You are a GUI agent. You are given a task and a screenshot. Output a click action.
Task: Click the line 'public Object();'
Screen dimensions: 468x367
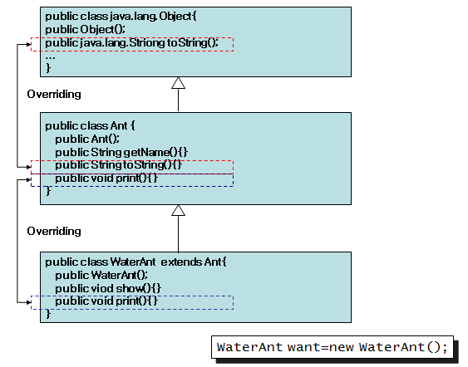86,30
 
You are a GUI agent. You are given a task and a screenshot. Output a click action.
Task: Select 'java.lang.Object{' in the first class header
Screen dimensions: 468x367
153,17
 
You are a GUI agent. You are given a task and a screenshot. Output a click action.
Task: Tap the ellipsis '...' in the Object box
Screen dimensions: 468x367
50,57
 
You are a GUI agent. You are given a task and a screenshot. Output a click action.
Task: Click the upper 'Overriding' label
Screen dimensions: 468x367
54,94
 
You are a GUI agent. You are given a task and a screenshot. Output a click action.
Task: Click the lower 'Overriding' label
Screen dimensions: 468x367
54,231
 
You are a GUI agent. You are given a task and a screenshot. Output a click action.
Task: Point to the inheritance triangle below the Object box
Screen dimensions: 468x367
178,83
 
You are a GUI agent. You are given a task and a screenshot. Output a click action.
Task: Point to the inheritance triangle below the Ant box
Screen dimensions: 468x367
178,210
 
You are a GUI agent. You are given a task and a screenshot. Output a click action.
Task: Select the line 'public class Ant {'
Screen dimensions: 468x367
90,126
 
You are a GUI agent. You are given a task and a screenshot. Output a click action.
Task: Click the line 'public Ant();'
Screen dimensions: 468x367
87,139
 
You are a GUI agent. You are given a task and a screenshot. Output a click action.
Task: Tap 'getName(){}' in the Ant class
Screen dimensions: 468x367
155,152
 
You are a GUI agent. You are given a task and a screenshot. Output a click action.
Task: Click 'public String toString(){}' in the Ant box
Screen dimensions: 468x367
118,165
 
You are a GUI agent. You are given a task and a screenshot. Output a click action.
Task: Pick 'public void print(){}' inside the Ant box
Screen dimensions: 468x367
106,179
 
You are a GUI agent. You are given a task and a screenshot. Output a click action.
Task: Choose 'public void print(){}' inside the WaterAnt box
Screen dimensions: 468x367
106,301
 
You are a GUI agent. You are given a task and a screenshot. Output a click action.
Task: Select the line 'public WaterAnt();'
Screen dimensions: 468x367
101,275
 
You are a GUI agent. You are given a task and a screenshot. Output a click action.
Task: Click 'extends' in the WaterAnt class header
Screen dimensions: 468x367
181,262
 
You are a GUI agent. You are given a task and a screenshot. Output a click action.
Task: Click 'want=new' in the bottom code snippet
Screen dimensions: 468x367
321,347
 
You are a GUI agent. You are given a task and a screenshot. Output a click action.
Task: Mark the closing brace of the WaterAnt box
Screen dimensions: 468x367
48,314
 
